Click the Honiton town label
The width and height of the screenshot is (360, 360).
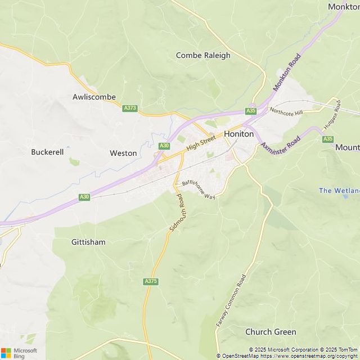239,134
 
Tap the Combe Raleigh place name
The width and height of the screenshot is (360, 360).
203,55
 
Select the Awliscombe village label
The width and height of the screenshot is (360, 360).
94,97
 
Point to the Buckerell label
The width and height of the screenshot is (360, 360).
47,152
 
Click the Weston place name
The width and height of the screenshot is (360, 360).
123,153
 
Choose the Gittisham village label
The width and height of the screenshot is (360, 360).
88,242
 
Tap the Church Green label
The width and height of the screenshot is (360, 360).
271,332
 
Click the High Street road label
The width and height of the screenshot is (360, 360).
201,142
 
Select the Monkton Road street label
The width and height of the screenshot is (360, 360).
287,72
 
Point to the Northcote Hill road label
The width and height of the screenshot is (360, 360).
286,112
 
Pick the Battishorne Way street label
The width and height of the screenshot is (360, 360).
198,189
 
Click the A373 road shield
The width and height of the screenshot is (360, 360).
130,108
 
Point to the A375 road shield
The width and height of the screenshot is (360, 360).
151,281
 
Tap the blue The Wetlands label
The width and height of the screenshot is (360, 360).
339,191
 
